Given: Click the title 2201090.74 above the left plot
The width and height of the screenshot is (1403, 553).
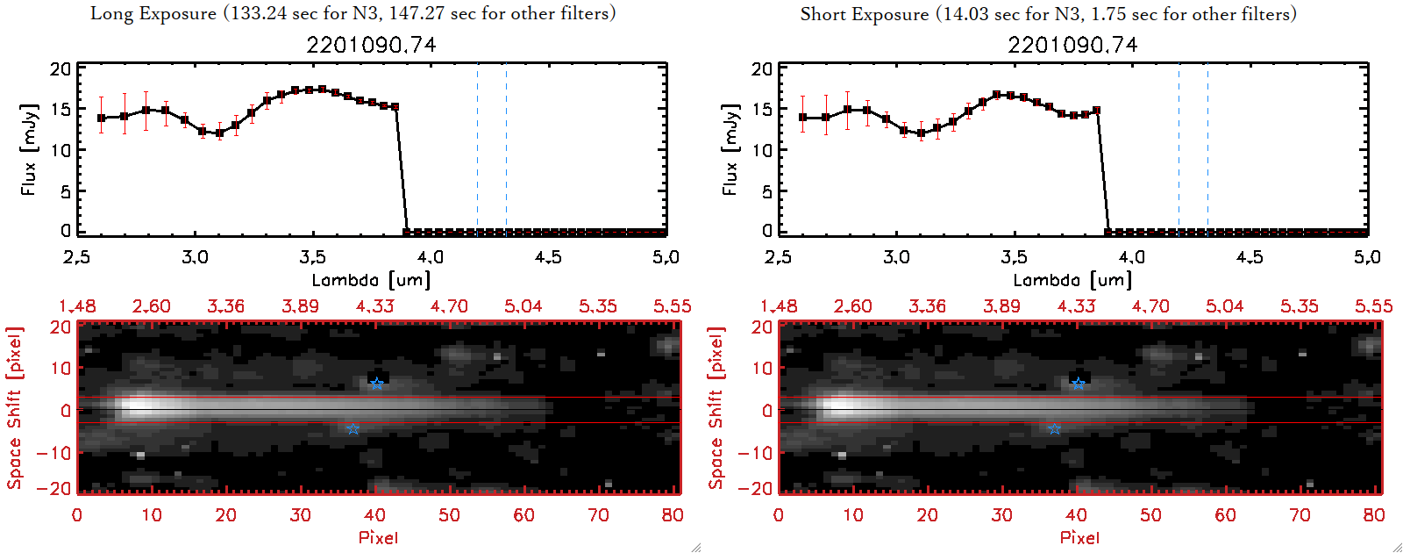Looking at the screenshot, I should pyautogui.click(x=371, y=45).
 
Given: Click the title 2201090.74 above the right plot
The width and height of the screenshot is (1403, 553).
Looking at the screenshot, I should pyautogui.click(x=1072, y=45).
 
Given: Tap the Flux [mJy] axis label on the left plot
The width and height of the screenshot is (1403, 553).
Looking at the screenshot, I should pyautogui.click(x=29, y=149).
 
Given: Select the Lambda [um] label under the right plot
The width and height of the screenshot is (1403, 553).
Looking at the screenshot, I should pyautogui.click(x=1072, y=280).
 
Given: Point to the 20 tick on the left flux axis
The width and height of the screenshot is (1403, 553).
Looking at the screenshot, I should pyautogui.click(x=61, y=68).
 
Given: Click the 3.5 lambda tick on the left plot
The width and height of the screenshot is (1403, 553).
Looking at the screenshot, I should pyautogui.click(x=312, y=257).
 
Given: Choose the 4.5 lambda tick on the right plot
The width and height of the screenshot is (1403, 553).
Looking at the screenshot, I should pyautogui.click(x=1250, y=257).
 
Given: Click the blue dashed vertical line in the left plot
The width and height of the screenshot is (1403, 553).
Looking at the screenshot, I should pyautogui.click(x=477, y=149).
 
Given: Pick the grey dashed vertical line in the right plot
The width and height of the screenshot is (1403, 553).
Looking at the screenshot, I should pyautogui.click(x=1207, y=149).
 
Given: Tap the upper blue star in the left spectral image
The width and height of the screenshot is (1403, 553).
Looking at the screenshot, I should pyautogui.click(x=376, y=384).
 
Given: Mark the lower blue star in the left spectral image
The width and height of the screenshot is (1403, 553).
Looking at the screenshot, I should pyautogui.click(x=353, y=429).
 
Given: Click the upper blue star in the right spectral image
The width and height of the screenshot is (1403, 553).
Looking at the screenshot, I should pyautogui.click(x=1078, y=384).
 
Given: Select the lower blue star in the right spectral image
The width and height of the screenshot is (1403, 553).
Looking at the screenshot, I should pyautogui.click(x=1054, y=429).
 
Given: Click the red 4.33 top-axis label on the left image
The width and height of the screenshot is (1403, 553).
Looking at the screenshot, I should pyautogui.click(x=374, y=306).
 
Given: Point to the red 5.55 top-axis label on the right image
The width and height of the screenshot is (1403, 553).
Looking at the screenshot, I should pyautogui.click(x=1373, y=306).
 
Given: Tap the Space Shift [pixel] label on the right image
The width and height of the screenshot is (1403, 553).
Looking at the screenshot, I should pyautogui.click(x=716, y=408).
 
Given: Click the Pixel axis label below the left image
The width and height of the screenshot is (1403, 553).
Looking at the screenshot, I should pyautogui.click(x=378, y=537).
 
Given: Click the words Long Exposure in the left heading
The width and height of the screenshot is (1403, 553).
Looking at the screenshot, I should pyautogui.click(x=153, y=13).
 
